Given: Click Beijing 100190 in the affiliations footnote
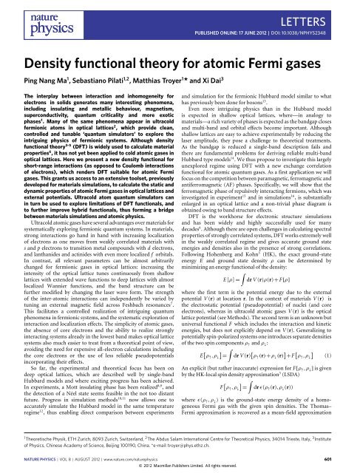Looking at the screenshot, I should point(116,443).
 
